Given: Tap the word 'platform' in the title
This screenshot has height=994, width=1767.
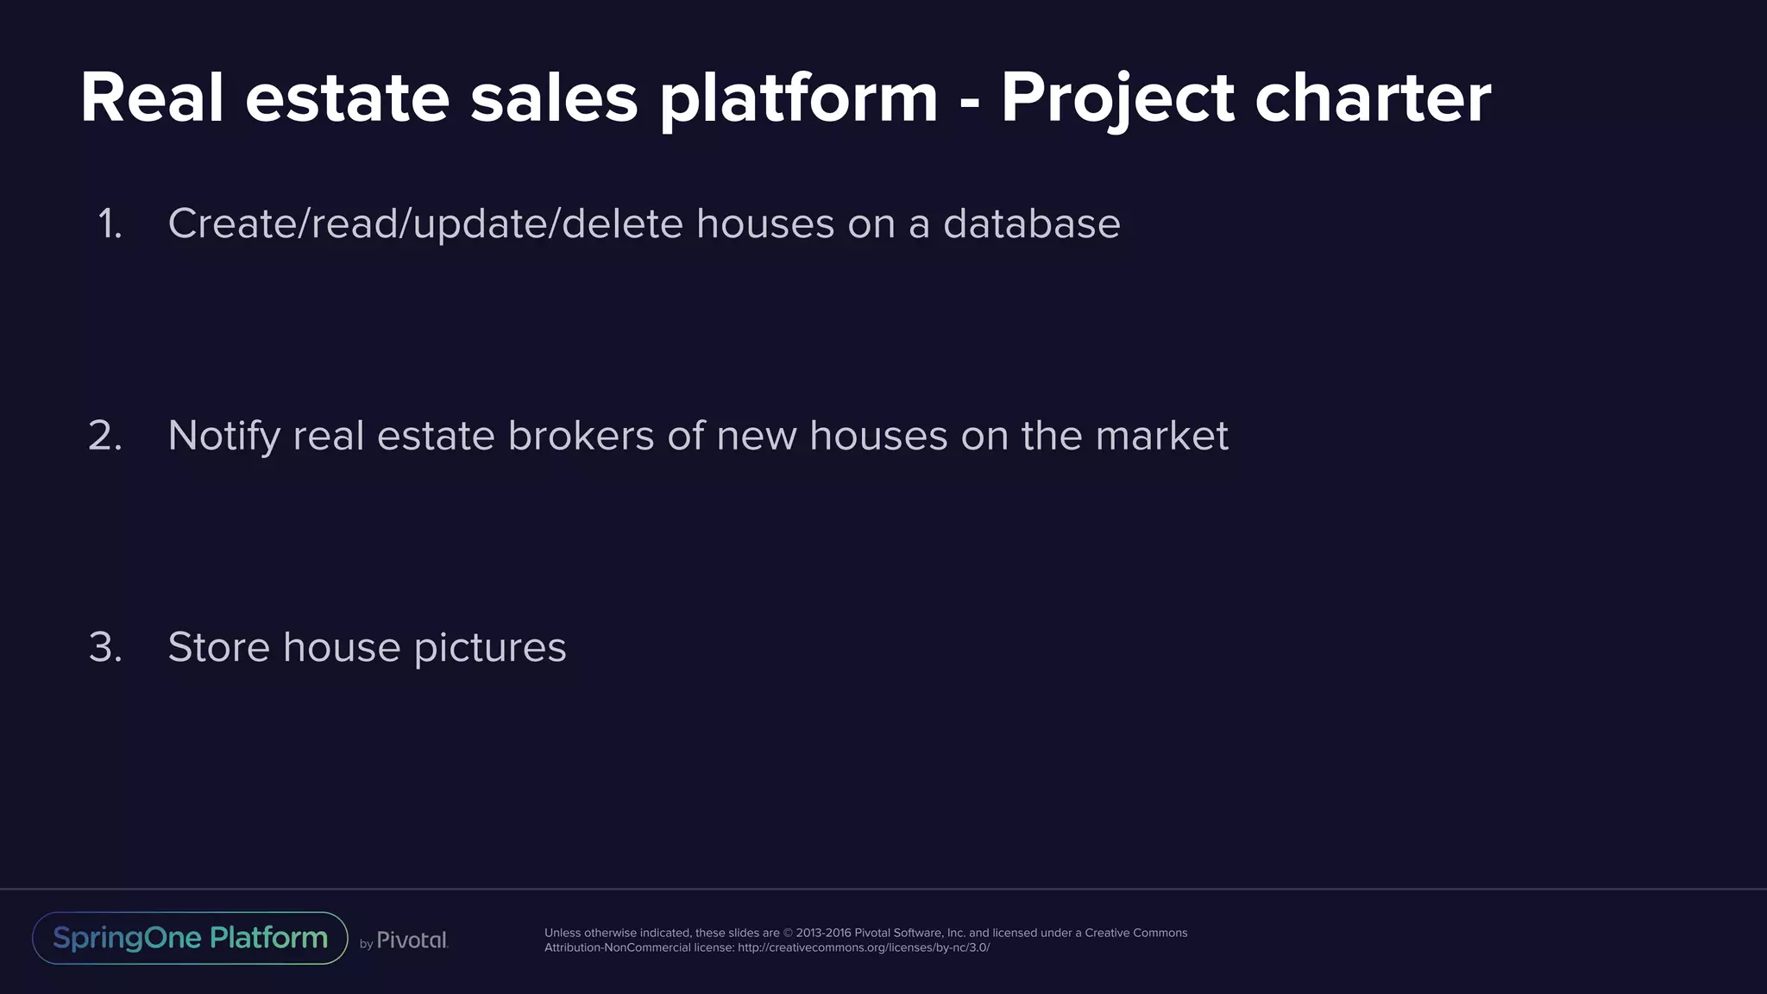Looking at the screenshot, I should [798, 98].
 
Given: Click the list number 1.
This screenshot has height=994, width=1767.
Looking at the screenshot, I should [110, 224].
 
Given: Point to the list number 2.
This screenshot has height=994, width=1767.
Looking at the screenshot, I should [105, 436].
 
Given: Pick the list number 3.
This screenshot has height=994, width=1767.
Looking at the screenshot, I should [105, 647].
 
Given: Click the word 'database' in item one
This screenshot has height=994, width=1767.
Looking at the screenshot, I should [1031, 224].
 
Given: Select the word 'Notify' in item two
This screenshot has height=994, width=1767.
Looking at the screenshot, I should [223, 436].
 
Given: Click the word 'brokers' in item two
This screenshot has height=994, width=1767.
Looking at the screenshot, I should [581, 436].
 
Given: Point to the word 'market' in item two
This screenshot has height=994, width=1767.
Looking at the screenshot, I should [1161, 436].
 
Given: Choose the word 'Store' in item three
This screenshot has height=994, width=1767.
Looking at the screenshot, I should [218, 647].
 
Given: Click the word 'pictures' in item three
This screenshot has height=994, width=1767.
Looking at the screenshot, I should [489, 647].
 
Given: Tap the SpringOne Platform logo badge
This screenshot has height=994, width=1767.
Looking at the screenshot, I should [190, 938].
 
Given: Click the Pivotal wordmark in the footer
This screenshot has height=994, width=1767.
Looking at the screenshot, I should [412, 940].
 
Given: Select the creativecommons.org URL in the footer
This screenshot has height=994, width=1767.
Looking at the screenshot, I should [864, 947].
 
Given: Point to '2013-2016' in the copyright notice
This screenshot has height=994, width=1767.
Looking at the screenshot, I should [823, 933].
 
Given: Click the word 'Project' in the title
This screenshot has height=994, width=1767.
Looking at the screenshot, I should [1117, 98].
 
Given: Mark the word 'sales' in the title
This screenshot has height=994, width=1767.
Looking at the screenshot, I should [554, 98].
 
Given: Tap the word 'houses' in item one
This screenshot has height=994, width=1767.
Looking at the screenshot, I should [765, 224].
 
